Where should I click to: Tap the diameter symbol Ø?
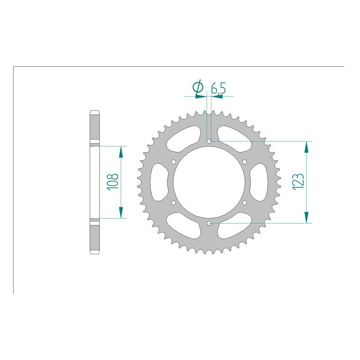tap(198, 89)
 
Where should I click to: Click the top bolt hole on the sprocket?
tap(209, 141)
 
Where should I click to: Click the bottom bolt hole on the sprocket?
tap(209, 223)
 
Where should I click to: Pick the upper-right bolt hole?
tap(244, 162)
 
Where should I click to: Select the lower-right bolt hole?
tap(244, 202)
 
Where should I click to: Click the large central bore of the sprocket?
tap(209, 182)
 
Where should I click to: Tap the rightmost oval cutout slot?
tap(259, 182)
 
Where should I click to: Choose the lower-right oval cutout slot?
tap(235, 226)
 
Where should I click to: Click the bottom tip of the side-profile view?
tap(95, 253)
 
